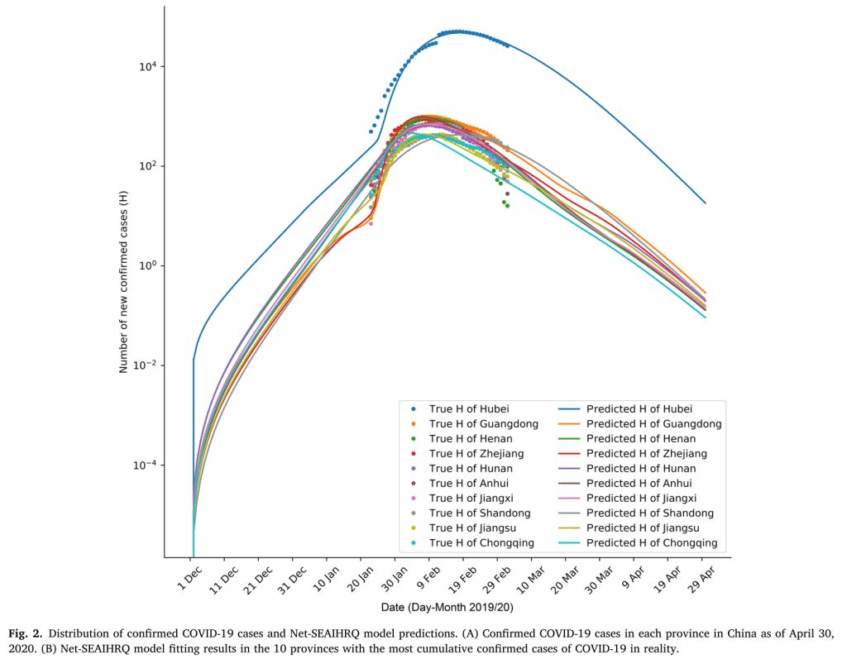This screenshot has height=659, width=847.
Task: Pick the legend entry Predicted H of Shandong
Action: click(650, 513)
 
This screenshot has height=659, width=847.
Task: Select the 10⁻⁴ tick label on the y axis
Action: click(148, 465)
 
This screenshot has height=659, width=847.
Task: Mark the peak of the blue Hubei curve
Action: click(457, 31)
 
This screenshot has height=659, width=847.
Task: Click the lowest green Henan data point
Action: click(507, 206)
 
